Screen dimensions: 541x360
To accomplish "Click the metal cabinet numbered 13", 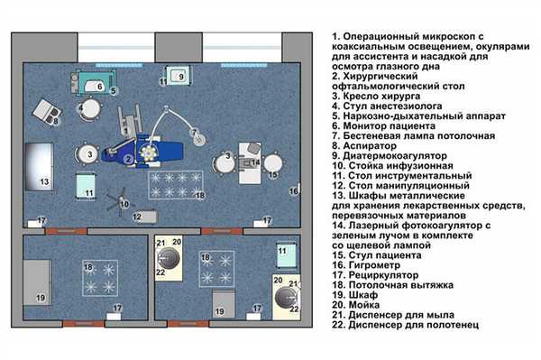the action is tap(39, 166).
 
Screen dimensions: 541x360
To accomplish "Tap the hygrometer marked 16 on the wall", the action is tap(298, 189).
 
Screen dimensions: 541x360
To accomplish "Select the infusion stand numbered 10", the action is tap(121, 202).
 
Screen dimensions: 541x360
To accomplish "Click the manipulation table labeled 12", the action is tap(145, 217).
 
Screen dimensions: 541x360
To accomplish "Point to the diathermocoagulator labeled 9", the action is tap(178, 76).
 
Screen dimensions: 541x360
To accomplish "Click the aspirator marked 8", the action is tap(47, 112).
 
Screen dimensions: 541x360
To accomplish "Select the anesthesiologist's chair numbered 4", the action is tap(90, 109).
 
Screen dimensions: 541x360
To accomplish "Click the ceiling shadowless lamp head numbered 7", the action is tap(199, 139).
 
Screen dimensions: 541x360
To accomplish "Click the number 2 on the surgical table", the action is tap(128, 159).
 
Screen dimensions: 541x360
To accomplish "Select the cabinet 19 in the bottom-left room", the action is tap(37, 282).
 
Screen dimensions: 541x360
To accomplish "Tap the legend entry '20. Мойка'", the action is tap(356, 305).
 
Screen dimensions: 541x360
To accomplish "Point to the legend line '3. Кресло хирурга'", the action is tap(376, 96).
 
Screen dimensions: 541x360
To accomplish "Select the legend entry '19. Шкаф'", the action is tap(354, 295).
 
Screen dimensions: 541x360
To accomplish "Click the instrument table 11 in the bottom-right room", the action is tap(287, 255).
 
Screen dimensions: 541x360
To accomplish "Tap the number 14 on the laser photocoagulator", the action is tap(256, 162).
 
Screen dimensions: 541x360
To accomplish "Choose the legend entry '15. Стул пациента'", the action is tap(377, 255).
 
